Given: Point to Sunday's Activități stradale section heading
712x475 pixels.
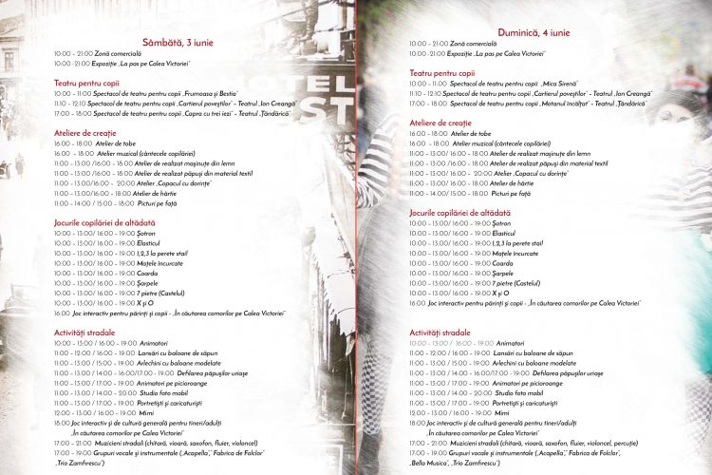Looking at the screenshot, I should point(440,332).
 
